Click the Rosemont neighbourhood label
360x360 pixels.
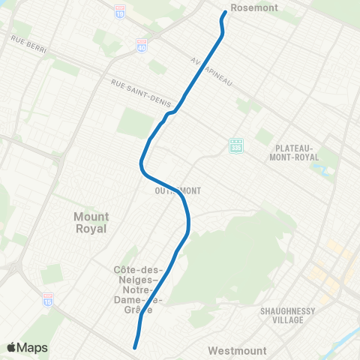pos(255,7)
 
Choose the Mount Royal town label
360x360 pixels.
pos(91,222)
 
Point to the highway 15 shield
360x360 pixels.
pos(48,298)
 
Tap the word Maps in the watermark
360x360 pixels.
pos(33,347)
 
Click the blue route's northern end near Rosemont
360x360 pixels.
pos(224,13)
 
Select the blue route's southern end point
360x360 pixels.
pos(135,347)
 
